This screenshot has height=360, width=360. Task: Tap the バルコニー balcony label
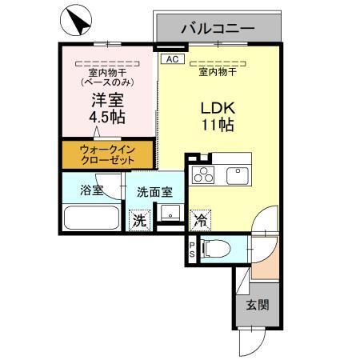coord(218,28)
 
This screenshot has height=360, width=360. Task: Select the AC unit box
coord(171,59)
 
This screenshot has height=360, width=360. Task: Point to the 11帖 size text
coord(216,126)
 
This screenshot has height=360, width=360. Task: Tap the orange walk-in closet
coord(108,154)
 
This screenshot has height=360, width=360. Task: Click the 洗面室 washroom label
coord(153,192)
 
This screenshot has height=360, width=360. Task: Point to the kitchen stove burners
coord(206,175)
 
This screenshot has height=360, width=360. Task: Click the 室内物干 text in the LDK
coord(216,70)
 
